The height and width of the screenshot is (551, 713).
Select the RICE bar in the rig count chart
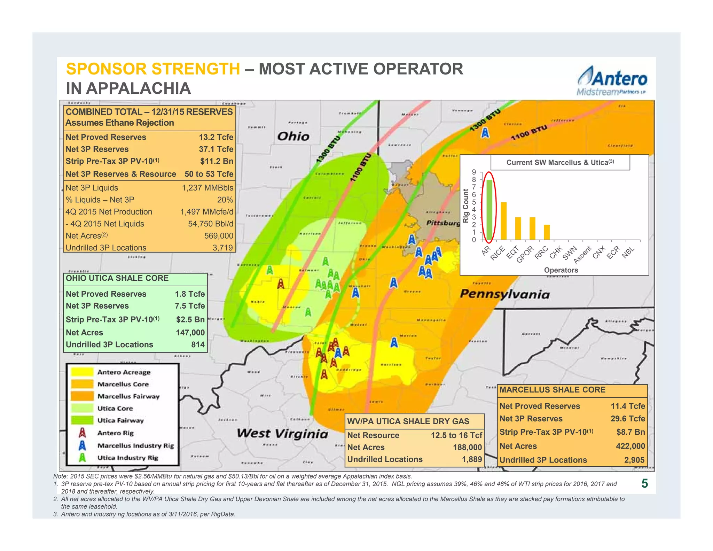pyautogui.click(x=503, y=221)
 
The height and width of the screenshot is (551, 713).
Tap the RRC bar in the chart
pyautogui.click(x=547, y=232)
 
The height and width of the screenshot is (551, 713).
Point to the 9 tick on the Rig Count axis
pyautogui.click(x=474, y=172)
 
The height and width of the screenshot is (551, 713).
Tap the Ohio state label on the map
pyautogui.click(x=293, y=136)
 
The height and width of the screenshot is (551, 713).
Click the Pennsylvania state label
pyautogui.click(x=504, y=294)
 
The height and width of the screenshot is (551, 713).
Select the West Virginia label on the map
pyautogui.click(x=282, y=434)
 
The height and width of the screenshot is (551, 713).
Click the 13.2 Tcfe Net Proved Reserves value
pyautogui.click(x=216, y=137)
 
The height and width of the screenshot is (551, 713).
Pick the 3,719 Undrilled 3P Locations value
pyautogui.click(x=222, y=248)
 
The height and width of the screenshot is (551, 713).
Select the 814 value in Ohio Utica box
pyautogui.click(x=198, y=344)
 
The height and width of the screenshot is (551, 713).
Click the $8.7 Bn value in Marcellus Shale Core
pyautogui.click(x=630, y=432)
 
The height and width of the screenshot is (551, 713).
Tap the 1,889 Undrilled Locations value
pyautogui.click(x=472, y=459)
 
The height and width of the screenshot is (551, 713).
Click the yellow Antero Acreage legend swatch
pyautogui.click(x=82, y=372)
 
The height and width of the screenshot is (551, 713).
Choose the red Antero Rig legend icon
pyautogui.click(x=82, y=433)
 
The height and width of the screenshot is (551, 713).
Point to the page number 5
pyautogui.click(x=644, y=483)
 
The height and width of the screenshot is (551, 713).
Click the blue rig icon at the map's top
pyautogui.click(x=485, y=133)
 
